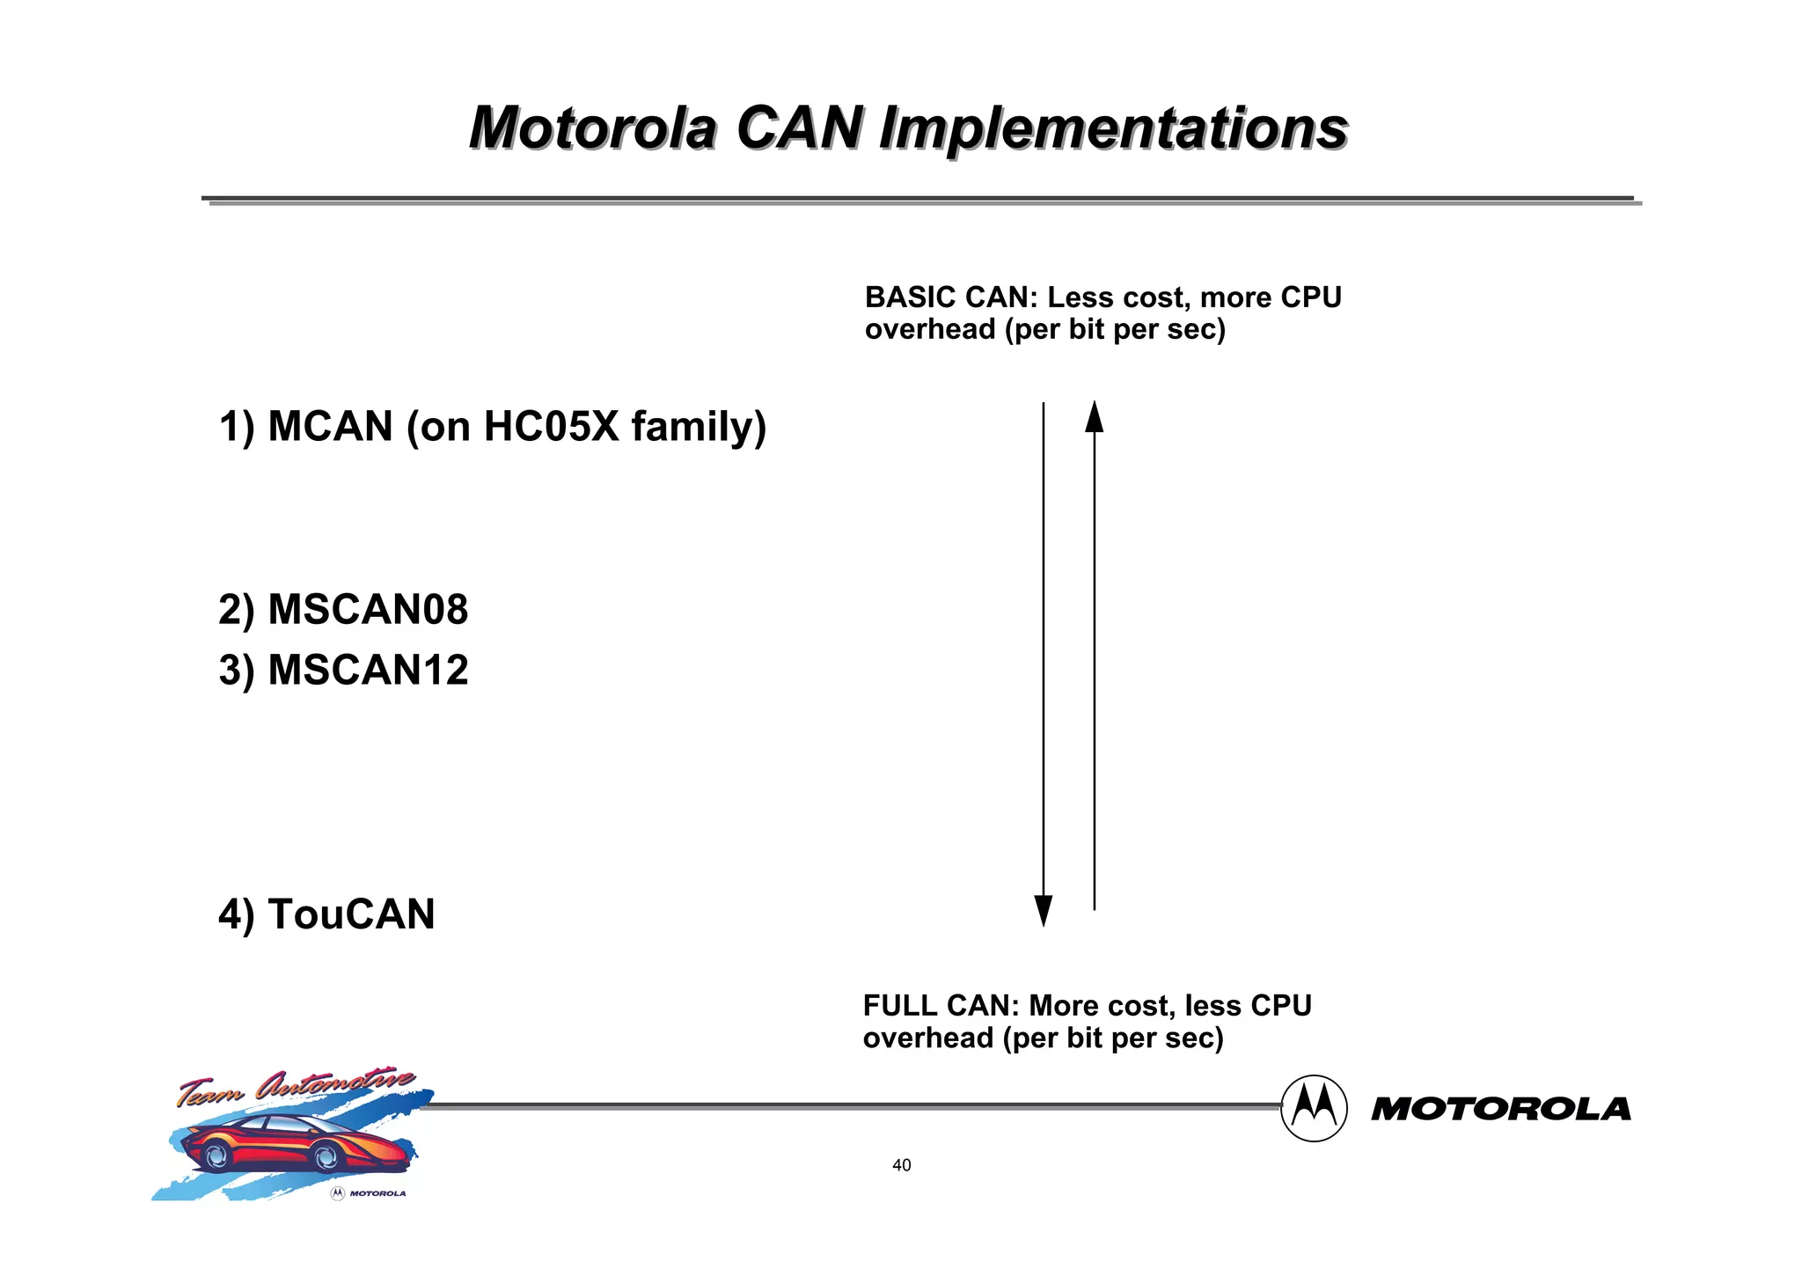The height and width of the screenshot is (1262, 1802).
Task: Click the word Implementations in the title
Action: pyautogui.click(x=1113, y=128)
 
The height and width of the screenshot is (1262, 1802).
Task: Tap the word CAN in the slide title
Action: pyautogui.click(x=799, y=128)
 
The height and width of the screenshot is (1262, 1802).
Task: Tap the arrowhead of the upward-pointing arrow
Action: pyautogui.click(x=1094, y=416)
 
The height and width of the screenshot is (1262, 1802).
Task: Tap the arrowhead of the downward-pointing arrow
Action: pyautogui.click(x=1044, y=910)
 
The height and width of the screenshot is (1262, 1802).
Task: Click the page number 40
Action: pyautogui.click(x=901, y=1165)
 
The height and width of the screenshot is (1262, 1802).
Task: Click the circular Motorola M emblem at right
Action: pyautogui.click(x=1314, y=1108)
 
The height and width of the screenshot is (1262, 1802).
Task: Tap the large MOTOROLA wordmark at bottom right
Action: pyautogui.click(x=1500, y=1109)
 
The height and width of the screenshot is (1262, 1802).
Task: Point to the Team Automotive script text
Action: pyautogui.click(x=296, y=1089)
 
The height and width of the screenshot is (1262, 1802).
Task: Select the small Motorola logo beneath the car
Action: pyautogui.click(x=368, y=1193)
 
